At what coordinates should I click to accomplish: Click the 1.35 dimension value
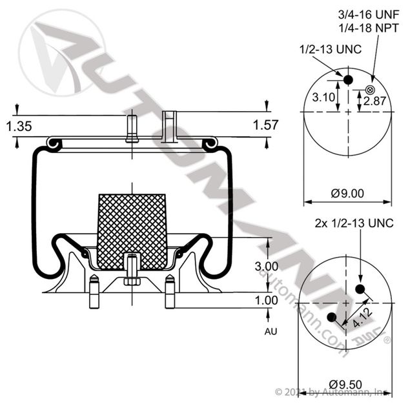click(19, 127)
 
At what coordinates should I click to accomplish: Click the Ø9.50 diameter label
click(349, 381)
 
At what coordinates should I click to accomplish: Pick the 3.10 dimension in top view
click(323, 97)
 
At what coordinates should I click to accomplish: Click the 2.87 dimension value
click(374, 101)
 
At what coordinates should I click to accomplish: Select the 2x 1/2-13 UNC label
click(354, 223)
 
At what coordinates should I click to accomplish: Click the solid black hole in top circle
click(347, 79)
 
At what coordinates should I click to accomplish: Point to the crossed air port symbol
click(370, 88)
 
